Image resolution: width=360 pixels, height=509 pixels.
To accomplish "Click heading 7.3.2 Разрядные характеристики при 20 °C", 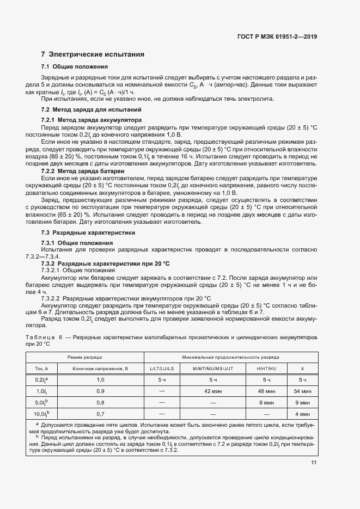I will pos(106,262).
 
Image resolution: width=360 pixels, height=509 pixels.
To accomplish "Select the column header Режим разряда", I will pos(84,357).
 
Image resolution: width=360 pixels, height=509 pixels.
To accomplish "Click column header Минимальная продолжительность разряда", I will pos(231,357).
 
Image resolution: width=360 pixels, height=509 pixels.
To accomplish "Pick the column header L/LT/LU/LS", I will pos(162,369).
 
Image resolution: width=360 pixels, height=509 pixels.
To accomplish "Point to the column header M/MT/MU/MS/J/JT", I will pos(212,369).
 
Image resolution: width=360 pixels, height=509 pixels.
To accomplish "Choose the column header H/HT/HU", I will pos(266,369).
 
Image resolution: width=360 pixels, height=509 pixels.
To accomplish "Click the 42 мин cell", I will pos(212,391).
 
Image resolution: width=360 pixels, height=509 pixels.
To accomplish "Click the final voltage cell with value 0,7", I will pos(100,414).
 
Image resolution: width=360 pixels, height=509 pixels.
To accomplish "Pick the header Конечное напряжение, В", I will pos(100,369).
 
